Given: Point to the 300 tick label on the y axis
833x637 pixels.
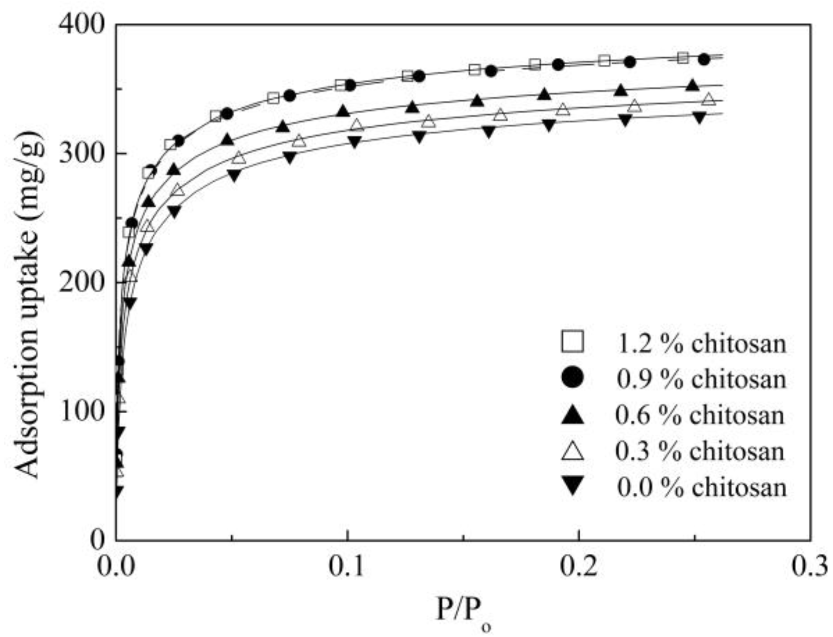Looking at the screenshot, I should pyautogui.click(x=82, y=153).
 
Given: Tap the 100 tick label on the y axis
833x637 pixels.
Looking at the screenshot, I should pyautogui.click(x=82, y=411).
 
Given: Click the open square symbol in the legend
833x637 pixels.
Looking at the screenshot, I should pyautogui.click(x=572, y=342).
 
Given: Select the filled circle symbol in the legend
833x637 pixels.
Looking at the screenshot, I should pyautogui.click(x=572, y=378).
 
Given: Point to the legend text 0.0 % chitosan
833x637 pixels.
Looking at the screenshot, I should pyautogui.click(x=702, y=487).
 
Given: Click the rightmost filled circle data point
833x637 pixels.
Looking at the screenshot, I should pyautogui.click(x=704, y=59).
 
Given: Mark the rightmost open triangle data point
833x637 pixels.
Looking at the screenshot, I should pyautogui.click(x=709, y=99).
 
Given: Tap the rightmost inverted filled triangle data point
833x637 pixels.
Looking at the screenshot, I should pyautogui.click(x=699, y=118).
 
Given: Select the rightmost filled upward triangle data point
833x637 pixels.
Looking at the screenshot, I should pyautogui.click(x=692, y=85).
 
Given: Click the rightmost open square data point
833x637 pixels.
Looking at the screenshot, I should pyautogui.click(x=683, y=58).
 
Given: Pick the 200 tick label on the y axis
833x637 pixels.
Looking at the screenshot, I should pyautogui.click(x=82, y=282).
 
